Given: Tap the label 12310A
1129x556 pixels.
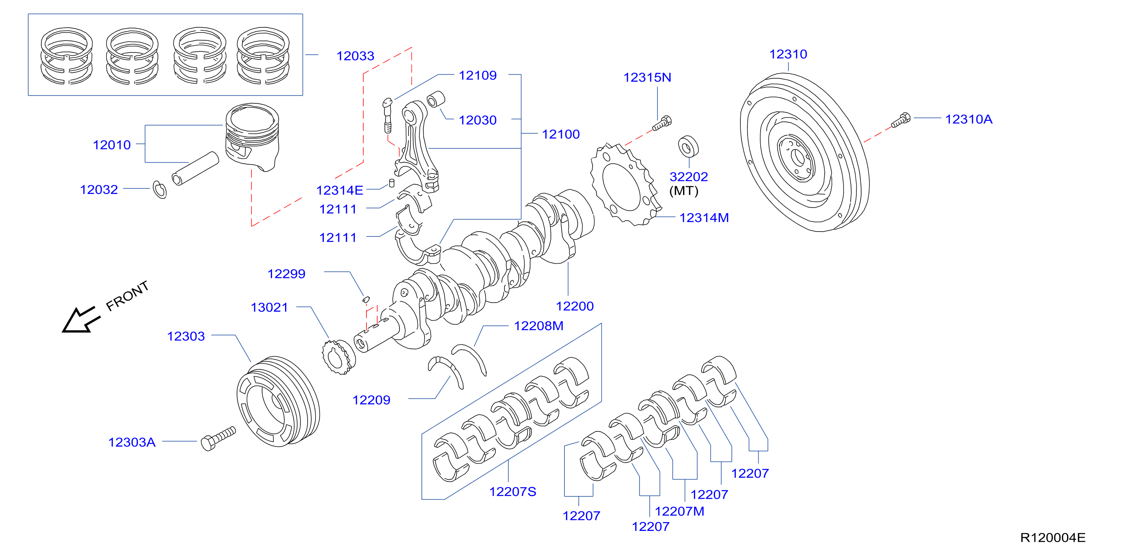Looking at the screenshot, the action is coord(968,119).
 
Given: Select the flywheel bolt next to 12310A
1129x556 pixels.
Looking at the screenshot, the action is coord(901,120).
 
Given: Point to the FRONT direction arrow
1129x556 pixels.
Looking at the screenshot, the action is coord(81,320).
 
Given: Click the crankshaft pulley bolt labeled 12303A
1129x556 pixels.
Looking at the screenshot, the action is coord(218,438).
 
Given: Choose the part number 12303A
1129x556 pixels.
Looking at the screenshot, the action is coord(132,442).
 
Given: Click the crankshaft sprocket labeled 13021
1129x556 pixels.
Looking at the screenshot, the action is coord(339,357).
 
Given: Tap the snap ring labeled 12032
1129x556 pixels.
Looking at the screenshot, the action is coord(159,189).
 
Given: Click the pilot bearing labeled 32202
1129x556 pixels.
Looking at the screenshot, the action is coord(688,146).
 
